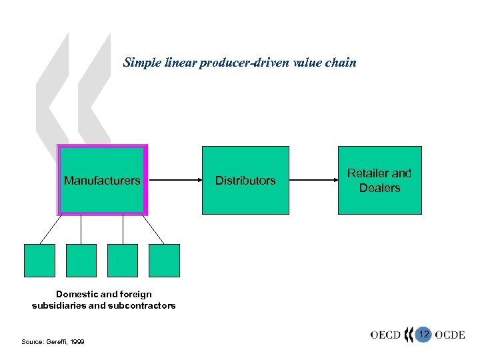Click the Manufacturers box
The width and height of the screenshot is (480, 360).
pyautogui.click(x=102, y=180)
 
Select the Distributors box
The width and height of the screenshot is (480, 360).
pyautogui.click(x=245, y=180)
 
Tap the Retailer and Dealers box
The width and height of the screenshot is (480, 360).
pyautogui.click(x=379, y=180)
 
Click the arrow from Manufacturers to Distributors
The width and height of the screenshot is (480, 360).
pyautogui.click(x=174, y=180)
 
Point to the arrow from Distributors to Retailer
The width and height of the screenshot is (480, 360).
pyautogui.click(x=313, y=180)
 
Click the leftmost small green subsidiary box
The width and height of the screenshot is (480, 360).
pyautogui.click(x=39, y=260)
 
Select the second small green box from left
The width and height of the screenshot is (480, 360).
pyautogui.click(x=81, y=260)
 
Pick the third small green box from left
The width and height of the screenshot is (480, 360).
pyautogui.click(x=123, y=260)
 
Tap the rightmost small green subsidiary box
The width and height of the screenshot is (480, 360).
pyautogui.click(x=164, y=260)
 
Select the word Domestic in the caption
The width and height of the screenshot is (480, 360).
pyautogui.click(x=77, y=294)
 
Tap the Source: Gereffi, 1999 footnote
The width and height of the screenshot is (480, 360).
pyautogui.click(x=53, y=341)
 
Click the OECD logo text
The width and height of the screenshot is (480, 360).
pyautogui.click(x=385, y=335)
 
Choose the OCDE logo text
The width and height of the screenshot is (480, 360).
pyautogui.click(x=450, y=335)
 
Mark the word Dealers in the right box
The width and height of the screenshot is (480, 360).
pyautogui.click(x=379, y=188)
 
